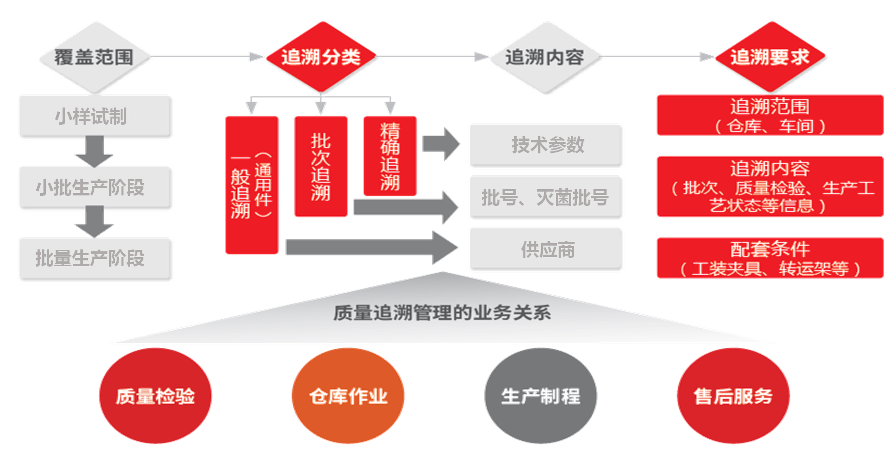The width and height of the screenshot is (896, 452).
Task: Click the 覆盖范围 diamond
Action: pyautogui.click(x=94, y=57)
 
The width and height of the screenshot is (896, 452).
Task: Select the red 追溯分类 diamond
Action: pyautogui.click(x=321, y=57)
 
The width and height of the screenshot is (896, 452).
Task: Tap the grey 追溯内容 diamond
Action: pyautogui.click(x=545, y=57)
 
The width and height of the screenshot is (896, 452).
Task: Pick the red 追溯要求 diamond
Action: pyautogui.click(x=770, y=57)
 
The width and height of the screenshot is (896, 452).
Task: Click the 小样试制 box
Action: pyautogui.click(x=96, y=117)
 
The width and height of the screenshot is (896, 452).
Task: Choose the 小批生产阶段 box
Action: pyautogui.click(x=96, y=188)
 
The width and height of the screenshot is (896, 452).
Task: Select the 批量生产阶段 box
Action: pyautogui.click(x=96, y=259)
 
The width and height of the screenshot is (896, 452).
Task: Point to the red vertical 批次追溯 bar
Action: pyautogui.click(x=321, y=166)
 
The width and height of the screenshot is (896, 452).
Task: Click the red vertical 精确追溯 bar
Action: pyautogui.click(x=390, y=156)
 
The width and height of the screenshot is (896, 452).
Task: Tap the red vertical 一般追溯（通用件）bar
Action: pyautogui.click(x=252, y=185)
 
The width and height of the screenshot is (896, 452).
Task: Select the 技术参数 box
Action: pyautogui.click(x=546, y=145)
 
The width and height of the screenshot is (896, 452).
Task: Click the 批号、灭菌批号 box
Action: pyautogui.click(x=546, y=197)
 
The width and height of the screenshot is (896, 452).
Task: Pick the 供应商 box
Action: pyautogui.click(x=546, y=249)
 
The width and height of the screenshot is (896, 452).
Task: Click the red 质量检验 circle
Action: pyautogui.click(x=155, y=396)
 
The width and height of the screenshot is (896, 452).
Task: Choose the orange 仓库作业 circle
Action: pyautogui.click(x=348, y=396)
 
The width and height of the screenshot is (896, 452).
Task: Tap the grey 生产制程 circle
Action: pyautogui.click(x=541, y=396)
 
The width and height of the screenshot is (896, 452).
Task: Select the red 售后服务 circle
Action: pyautogui.click(x=733, y=396)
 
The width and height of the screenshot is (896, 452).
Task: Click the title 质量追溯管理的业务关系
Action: pyautogui.click(x=442, y=313)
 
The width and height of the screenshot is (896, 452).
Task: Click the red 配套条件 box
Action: pyautogui.click(x=770, y=258)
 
